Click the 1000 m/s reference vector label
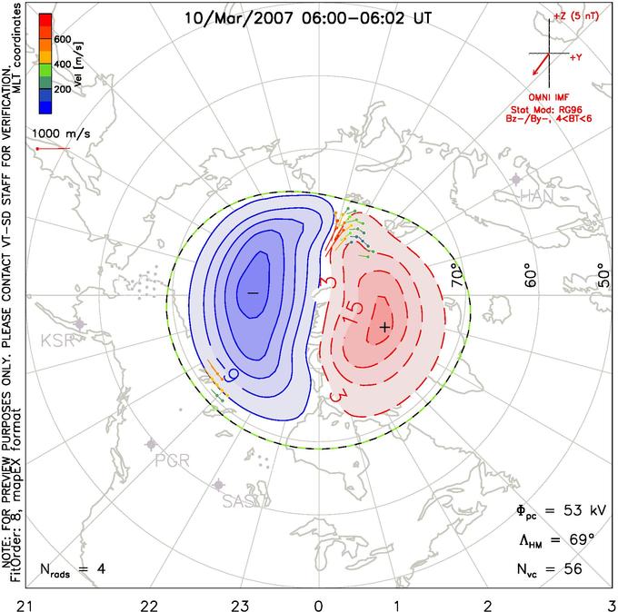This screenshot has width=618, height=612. (x=57, y=132)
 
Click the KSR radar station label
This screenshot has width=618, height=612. (x=56, y=341)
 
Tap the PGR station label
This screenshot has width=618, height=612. (x=172, y=459)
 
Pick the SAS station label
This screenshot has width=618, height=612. (x=240, y=500)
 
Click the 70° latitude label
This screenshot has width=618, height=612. (x=457, y=271)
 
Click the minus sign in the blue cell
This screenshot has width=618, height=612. (x=253, y=293)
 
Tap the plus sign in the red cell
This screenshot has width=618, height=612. (x=384, y=326)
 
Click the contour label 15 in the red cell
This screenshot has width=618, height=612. (x=357, y=308)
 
